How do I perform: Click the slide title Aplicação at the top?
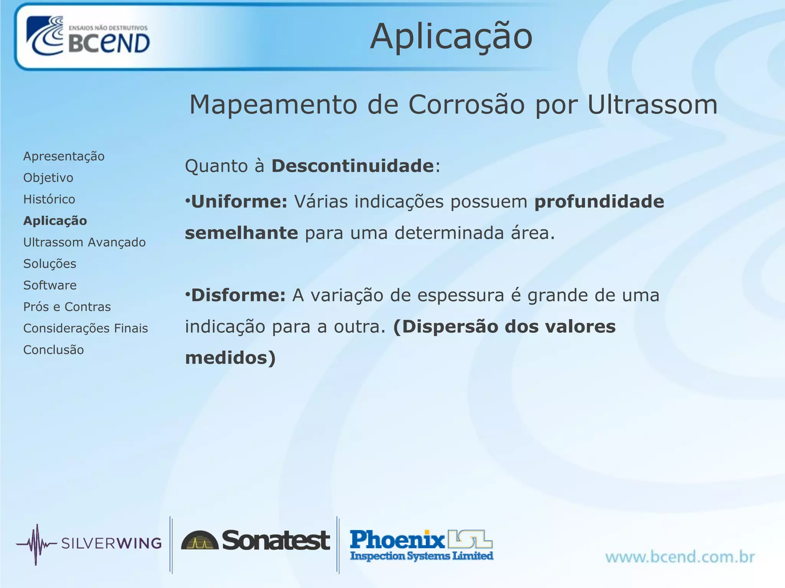[x=451, y=37]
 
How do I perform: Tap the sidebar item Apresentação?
[x=64, y=156]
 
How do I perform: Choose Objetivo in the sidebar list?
[x=48, y=178]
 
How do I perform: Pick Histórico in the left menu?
[x=49, y=199]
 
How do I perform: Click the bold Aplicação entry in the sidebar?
[x=55, y=221]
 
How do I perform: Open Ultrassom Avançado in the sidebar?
[x=84, y=242]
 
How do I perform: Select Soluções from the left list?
[x=50, y=264]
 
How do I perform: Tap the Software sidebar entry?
[x=50, y=285]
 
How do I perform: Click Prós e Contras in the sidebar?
[x=67, y=307]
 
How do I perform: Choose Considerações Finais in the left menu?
[x=85, y=328]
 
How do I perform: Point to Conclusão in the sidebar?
[x=54, y=350]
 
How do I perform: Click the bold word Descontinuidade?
[x=353, y=166]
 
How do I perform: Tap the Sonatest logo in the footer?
[x=255, y=541]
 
